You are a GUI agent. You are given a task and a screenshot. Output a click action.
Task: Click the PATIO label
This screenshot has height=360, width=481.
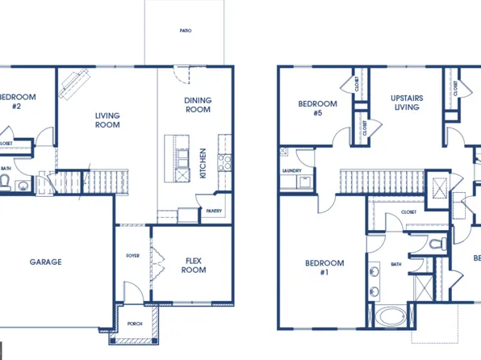point(186,31)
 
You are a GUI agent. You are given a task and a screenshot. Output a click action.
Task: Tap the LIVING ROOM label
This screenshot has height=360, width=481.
point(107,120)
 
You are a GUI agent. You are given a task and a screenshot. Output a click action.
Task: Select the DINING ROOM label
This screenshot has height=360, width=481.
point(199,105)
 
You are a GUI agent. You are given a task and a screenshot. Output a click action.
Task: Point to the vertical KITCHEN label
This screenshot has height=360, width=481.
point(203,163)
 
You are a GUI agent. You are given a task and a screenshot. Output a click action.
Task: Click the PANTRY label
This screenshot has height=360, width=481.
point(214,211)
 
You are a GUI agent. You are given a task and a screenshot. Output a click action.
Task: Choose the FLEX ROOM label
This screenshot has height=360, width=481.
point(194,265)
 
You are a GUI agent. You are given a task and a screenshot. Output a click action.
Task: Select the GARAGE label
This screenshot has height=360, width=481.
point(46,262)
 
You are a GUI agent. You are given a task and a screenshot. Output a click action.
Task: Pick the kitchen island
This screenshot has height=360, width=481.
point(171,158)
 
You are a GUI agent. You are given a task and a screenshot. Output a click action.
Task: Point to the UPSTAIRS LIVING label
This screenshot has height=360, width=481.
point(407,103)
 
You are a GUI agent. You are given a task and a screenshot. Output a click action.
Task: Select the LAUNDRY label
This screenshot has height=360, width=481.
point(291,170)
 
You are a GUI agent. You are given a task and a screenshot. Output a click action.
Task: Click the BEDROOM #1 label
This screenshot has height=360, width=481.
point(324,268)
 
